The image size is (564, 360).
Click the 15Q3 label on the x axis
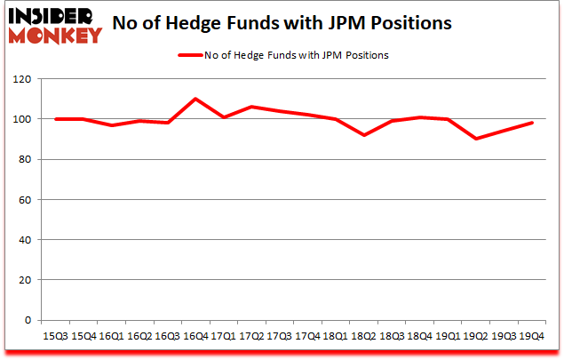56,335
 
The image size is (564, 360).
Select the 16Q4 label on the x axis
195,335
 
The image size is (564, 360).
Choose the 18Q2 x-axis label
362,335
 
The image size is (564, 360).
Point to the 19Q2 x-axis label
474,335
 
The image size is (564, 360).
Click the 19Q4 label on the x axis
530,335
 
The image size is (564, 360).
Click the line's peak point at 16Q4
195,99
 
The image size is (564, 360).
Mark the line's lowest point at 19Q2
474,139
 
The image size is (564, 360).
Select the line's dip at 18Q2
362,135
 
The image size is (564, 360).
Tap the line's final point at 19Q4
530,123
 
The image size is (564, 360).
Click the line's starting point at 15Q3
56,119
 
